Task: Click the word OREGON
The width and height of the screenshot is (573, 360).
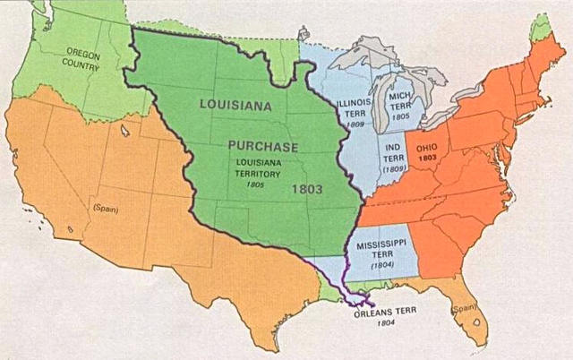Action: [x=82, y=56]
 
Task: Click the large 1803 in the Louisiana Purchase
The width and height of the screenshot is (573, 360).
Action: [x=308, y=190]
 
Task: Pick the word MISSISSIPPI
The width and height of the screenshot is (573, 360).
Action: [x=381, y=244]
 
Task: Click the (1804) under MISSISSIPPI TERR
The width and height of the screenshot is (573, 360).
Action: [x=381, y=265]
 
